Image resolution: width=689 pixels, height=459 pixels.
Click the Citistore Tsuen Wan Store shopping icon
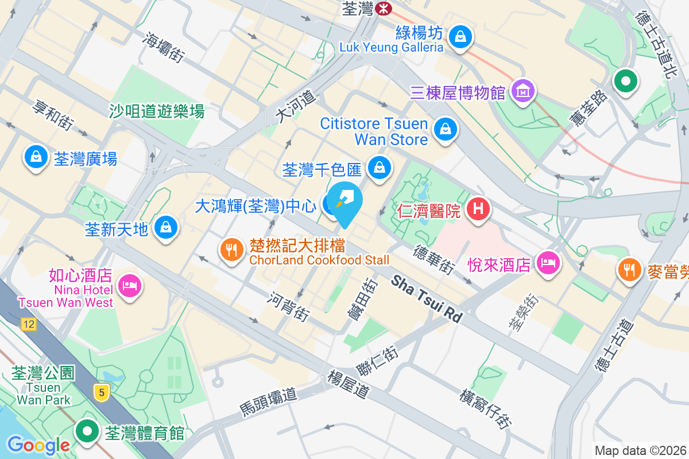pyautogui.click(x=446, y=129)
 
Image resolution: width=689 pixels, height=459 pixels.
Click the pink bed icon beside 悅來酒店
pyautogui.click(x=547, y=263)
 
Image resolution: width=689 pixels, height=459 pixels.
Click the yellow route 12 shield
pyautogui.click(x=28, y=325)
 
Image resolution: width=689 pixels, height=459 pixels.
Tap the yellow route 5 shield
pyautogui.click(x=101, y=392)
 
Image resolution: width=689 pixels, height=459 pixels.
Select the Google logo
pyautogui.click(x=38, y=445)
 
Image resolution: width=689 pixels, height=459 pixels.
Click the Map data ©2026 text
pyautogui.click(x=641, y=450)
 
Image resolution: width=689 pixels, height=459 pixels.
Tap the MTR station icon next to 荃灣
pyautogui.click(x=383, y=8)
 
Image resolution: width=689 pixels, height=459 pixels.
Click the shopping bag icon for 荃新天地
pyautogui.click(x=166, y=228)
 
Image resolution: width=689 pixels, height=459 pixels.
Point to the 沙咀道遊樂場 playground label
pyautogui.click(x=157, y=110)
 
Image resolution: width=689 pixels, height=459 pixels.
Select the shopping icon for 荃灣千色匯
pyautogui.click(x=379, y=168)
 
